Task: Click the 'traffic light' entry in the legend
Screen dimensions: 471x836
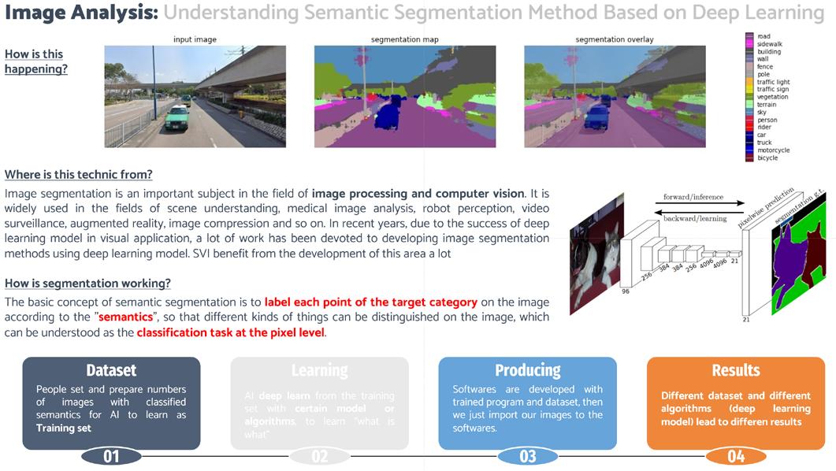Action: coord(772,82)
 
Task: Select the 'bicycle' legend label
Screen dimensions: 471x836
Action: coord(767,158)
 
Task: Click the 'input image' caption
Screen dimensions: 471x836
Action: coord(195,39)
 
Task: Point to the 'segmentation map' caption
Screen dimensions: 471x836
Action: coord(404,39)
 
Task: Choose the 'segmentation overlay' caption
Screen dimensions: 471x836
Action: coord(614,39)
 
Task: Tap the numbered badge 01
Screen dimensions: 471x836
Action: coord(111,456)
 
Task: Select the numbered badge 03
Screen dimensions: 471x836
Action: coord(527,456)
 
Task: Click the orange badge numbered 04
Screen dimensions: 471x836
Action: coord(735,456)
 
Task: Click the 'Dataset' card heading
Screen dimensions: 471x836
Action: coord(111,370)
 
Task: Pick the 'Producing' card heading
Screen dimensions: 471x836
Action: coord(527,370)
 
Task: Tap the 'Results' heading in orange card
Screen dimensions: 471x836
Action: coord(735,370)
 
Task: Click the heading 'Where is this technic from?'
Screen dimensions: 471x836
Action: coord(79,174)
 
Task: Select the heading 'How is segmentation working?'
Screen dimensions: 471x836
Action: coord(87,284)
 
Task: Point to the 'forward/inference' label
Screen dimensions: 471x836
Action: coord(688,198)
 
